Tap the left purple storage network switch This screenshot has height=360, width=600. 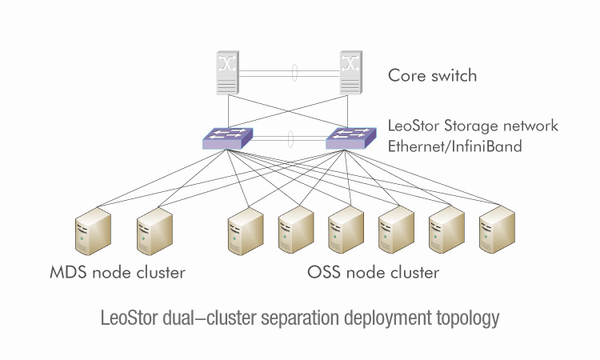[227, 139]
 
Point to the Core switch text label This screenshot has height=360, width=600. [432, 77]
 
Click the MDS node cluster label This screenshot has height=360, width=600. [117, 273]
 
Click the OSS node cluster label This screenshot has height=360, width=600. [373, 273]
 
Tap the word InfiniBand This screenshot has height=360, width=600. [486, 146]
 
